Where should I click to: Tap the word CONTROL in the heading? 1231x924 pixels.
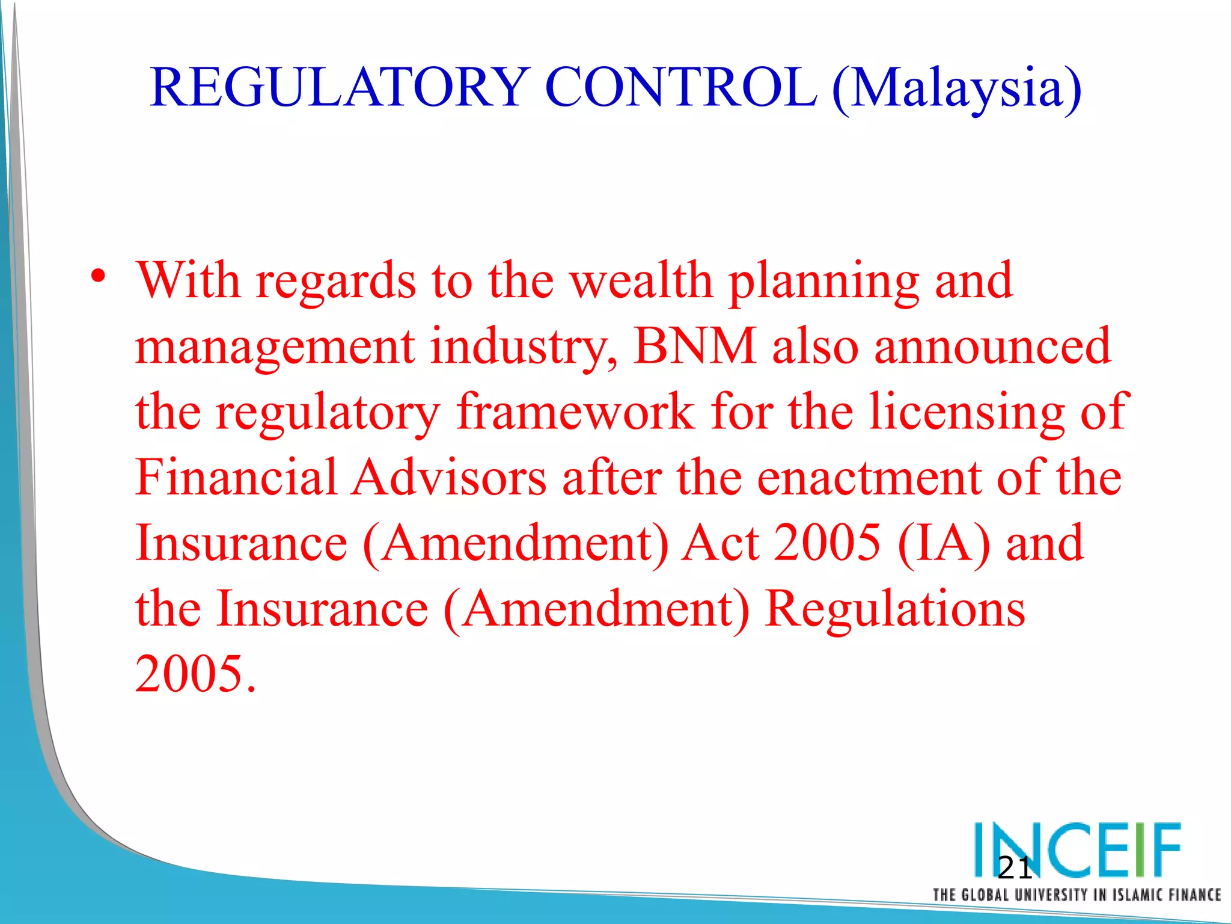tap(681, 88)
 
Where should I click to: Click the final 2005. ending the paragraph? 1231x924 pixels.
tap(196, 673)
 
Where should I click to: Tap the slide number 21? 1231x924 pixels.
tap(1015, 868)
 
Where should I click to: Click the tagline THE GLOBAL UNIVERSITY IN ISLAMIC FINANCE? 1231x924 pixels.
tap(1077, 895)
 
